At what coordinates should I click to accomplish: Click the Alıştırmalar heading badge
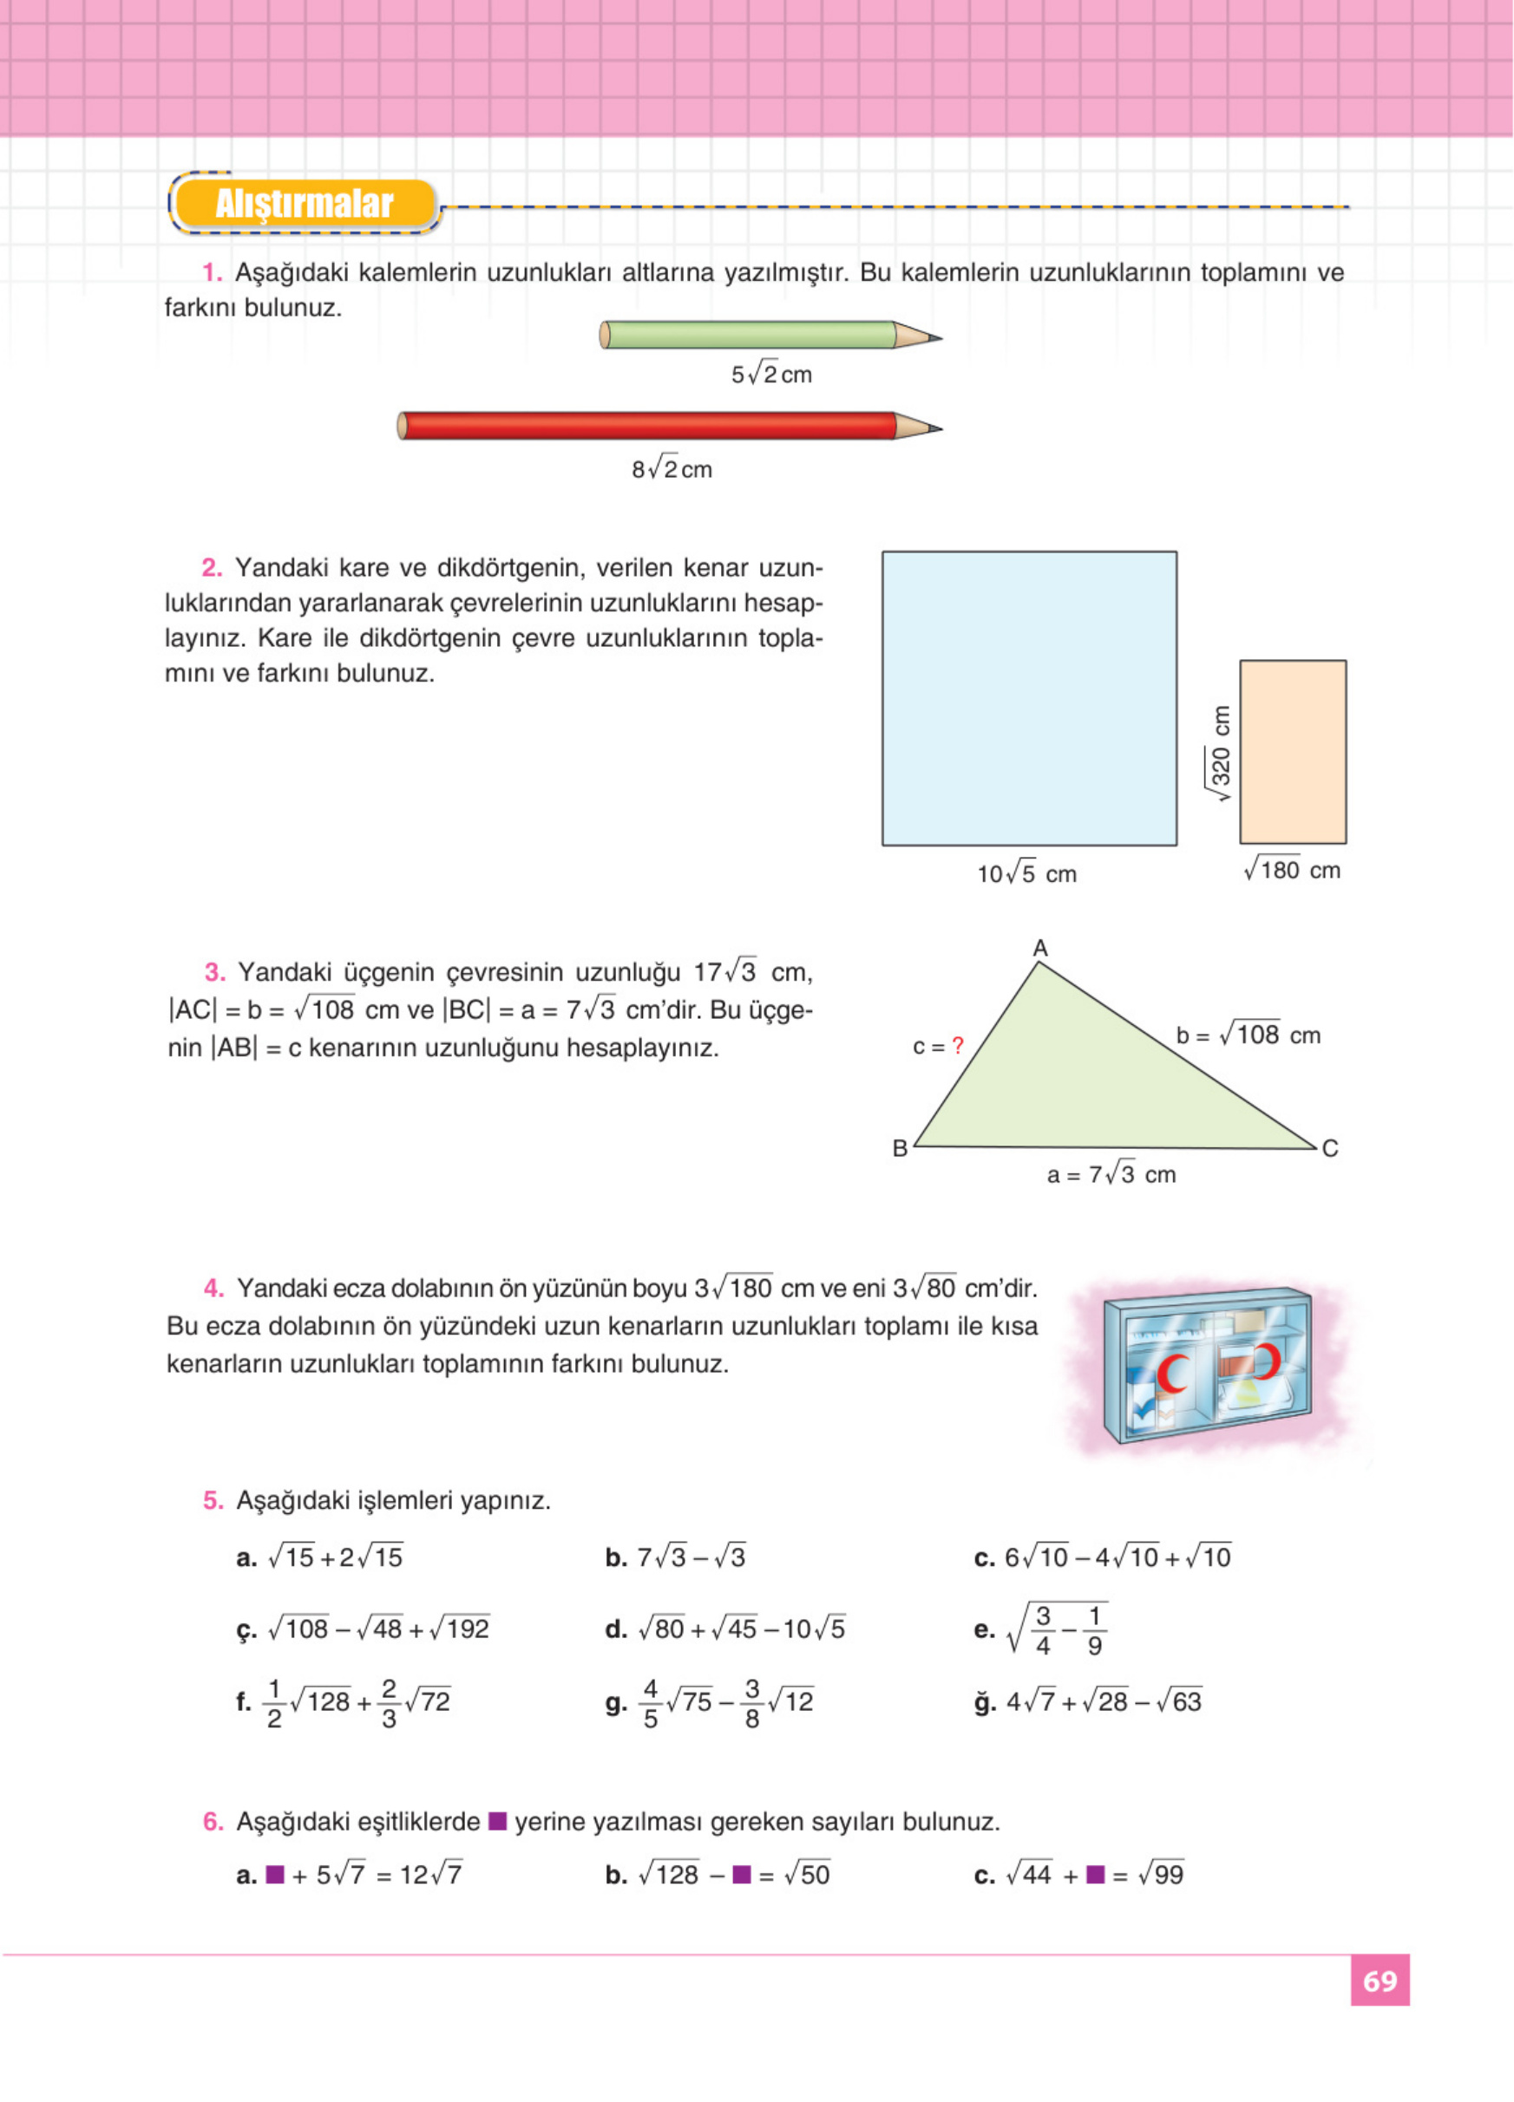304,204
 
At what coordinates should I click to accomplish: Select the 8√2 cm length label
672,470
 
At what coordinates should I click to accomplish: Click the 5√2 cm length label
771,375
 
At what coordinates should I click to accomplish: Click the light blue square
1029,698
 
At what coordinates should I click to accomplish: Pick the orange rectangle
1293,752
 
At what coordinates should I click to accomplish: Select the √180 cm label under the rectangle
1293,871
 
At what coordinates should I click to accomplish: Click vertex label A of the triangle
1040,948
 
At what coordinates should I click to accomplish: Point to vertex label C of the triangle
1329,1148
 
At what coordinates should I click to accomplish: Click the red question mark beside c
958,1046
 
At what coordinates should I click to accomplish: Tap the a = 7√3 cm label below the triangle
1111,1174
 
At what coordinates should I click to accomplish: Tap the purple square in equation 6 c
1095,1874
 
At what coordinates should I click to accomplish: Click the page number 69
1380,1981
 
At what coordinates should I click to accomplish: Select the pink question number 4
213,1289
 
